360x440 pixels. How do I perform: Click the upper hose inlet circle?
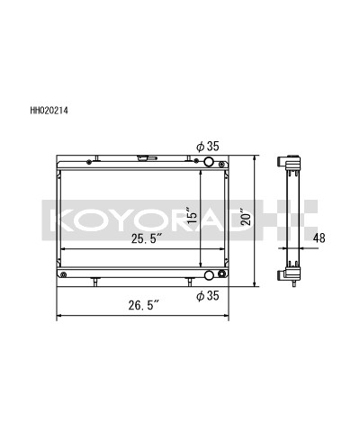pos(210,162)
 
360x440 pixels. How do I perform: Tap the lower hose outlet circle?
pos(211,276)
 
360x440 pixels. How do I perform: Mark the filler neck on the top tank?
pos(143,159)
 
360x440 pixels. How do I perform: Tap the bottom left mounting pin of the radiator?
pos(94,283)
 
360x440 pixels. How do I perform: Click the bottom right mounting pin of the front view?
pos(189,283)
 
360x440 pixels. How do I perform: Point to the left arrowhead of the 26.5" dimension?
pos(60,316)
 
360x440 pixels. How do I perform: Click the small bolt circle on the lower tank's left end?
pos(62,270)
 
